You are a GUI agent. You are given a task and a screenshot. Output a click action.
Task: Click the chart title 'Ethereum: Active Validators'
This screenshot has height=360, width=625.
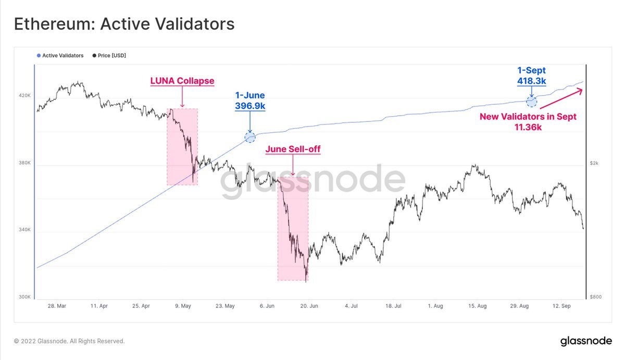click(x=124, y=24)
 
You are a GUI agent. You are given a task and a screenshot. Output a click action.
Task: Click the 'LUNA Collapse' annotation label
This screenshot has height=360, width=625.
click(x=182, y=81)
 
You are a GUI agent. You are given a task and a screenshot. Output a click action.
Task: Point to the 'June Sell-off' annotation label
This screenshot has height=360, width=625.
click(x=293, y=150)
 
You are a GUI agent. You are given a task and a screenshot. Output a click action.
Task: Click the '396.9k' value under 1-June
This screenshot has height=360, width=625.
click(x=250, y=106)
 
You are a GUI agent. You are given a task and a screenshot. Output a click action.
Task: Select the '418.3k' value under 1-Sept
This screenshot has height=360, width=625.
click(x=531, y=81)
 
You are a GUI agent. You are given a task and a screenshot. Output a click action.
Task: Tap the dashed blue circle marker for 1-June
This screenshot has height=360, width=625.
click(x=250, y=137)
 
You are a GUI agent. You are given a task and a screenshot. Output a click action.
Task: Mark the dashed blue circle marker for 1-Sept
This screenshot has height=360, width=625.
click(x=531, y=102)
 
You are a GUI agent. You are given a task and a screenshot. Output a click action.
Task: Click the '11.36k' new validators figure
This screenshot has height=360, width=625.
click(x=528, y=127)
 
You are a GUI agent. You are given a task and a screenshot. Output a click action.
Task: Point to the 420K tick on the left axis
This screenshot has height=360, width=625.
click(x=24, y=96)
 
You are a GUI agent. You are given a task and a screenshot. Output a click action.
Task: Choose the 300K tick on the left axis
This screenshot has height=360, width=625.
click(x=24, y=297)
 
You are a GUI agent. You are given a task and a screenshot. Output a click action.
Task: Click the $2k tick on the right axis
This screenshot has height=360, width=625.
click(x=594, y=163)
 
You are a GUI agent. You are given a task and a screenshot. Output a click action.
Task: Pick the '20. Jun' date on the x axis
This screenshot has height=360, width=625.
click(x=309, y=306)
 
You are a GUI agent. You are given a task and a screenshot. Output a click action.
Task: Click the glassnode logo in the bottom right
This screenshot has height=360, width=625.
click(x=586, y=341)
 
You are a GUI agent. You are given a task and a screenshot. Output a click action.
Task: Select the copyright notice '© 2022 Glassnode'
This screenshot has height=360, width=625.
click(x=69, y=341)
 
